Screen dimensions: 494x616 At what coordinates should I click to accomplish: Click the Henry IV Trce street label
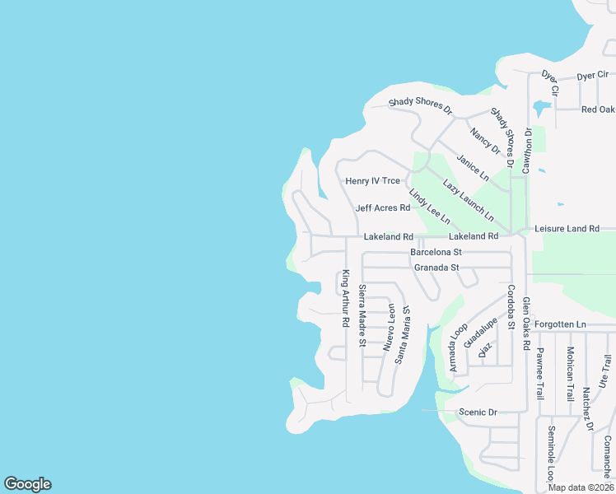point(372,181)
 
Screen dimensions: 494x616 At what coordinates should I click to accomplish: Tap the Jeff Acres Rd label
point(382,208)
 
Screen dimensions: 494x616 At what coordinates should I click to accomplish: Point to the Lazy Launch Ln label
point(468,199)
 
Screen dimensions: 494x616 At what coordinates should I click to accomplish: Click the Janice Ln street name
point(473,168)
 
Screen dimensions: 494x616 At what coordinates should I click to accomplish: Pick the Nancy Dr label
point(485,140)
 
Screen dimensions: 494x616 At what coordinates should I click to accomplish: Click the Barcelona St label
point(437,252)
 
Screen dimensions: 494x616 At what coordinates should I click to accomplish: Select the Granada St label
point(436,268)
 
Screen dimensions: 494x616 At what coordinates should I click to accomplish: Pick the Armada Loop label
point(457,347)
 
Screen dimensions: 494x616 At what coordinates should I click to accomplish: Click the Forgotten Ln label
point(559,324)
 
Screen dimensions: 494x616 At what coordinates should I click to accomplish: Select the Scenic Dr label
point(478,412)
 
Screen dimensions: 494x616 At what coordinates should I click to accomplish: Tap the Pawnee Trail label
point(540,373)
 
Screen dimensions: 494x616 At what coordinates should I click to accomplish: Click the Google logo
point(27,484)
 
